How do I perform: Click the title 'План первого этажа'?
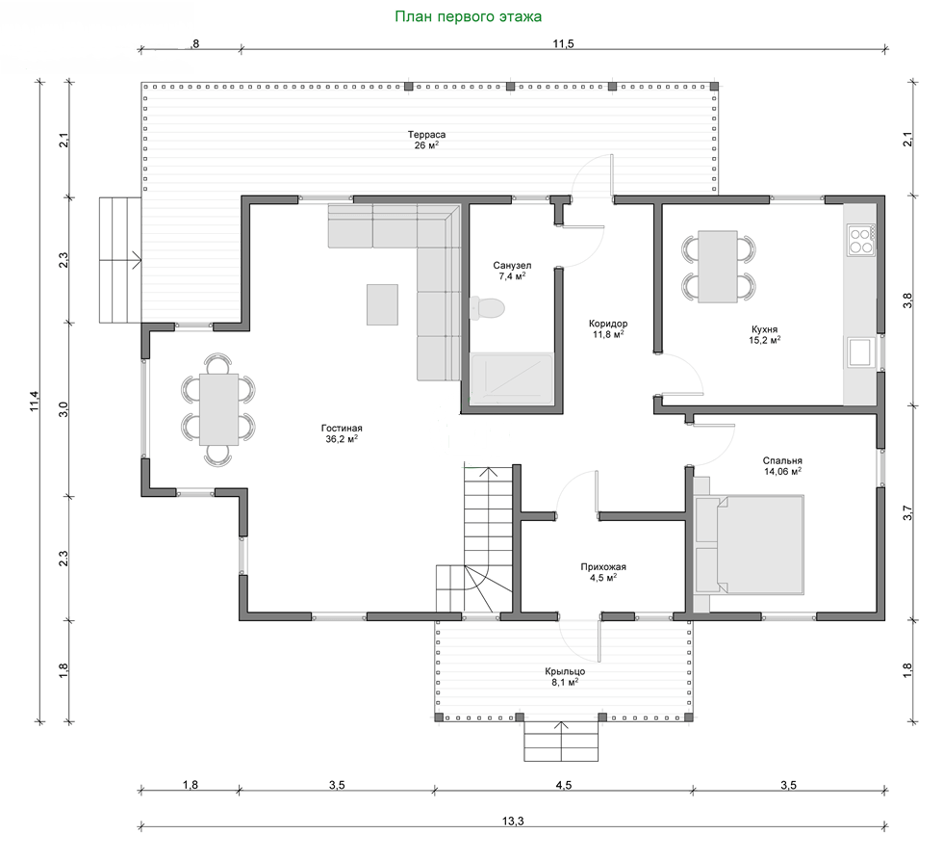coord(468,16)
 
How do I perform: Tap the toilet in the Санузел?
coord(487,308)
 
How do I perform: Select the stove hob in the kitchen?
coord(860,240)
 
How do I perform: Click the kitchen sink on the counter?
coord(860,352)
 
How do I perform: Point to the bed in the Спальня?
coord(749,545)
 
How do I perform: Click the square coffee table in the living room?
coord(383,304)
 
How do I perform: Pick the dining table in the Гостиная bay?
coord(218,409)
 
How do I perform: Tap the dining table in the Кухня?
coord(718,266)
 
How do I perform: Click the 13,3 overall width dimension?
coord(512,821)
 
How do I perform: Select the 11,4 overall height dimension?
coord(35,401)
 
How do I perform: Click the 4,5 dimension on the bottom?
coord(564,785)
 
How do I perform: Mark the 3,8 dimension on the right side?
coord(907,300)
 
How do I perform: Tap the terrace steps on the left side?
coord(120,260)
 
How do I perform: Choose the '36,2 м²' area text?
coord(342,439)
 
